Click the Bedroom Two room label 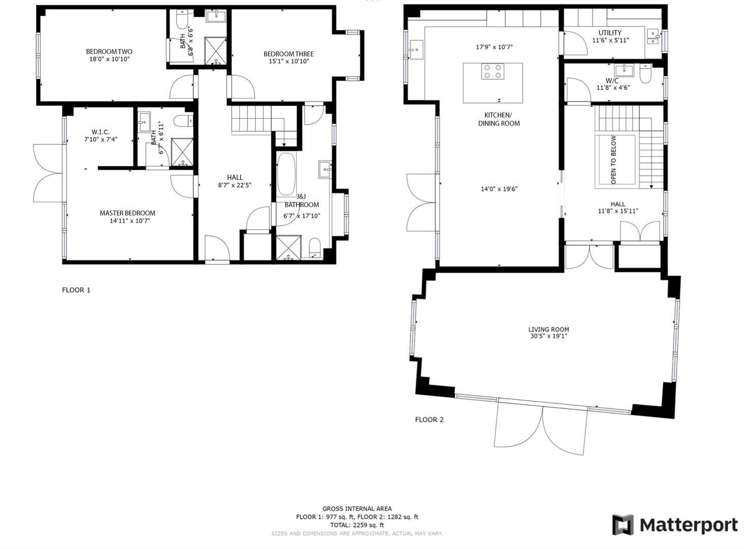click(109, 51)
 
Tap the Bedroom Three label click(288, 54)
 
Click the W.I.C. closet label click(101, 132)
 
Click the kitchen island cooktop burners click(492, 71)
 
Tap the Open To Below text click(613, 160)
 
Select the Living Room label click(548, 329)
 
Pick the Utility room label click(610, 33)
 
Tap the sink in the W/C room click(624, 70)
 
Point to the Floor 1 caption click(76, 290)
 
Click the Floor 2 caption click(429, 420)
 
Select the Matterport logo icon click(623, 525)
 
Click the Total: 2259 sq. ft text click(357, 525)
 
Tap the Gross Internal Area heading click(357, 508)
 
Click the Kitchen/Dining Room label click(499, 119)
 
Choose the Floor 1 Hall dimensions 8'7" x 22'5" click(235, 185)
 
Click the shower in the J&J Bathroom click(289, 248)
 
